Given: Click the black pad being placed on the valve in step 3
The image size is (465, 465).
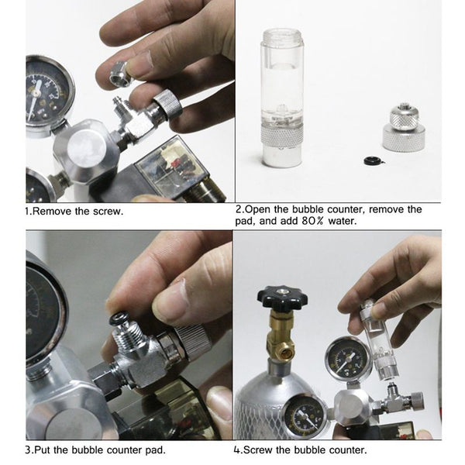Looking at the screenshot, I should [x=119, y=319].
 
